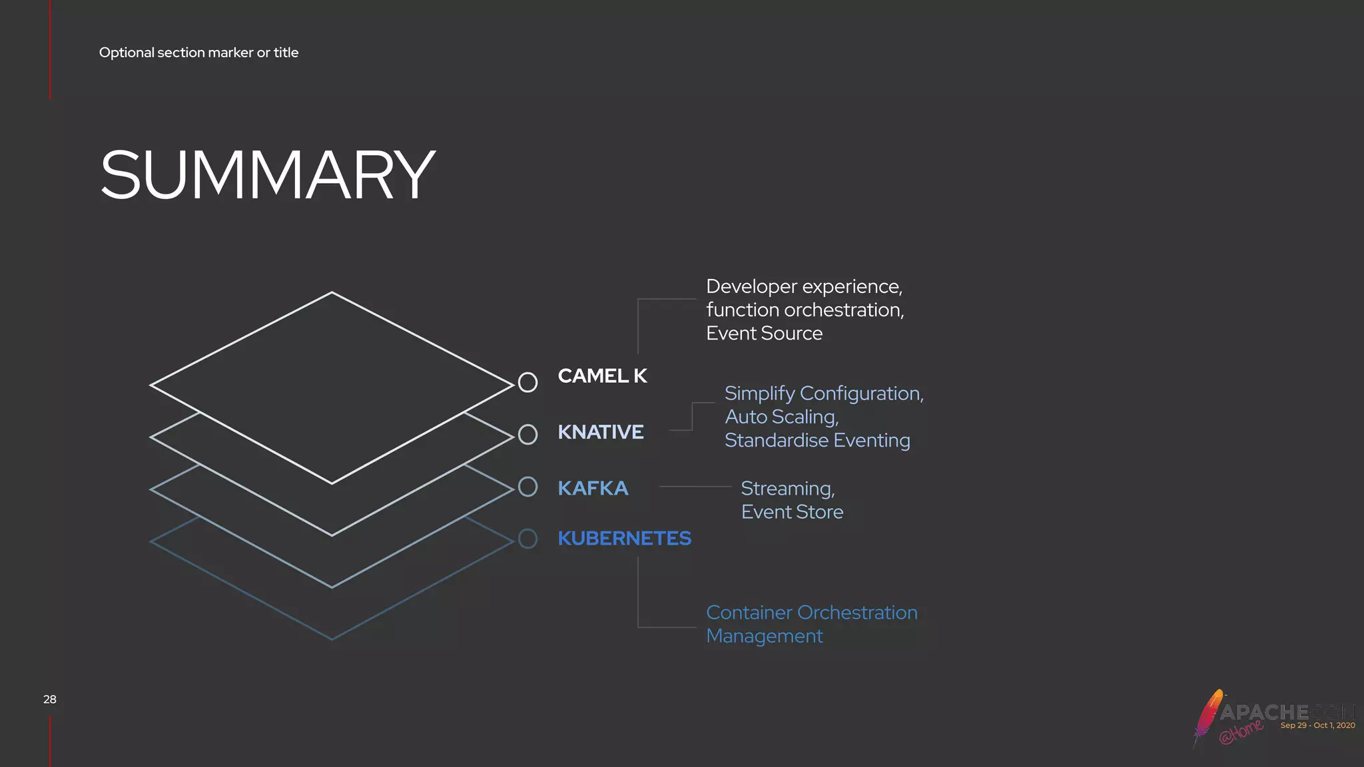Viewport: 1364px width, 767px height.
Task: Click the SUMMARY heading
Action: tap(267, 174)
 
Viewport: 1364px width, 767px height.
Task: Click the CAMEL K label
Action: tap(602, 376)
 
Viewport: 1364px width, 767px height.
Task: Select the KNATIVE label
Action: tap(600, 432)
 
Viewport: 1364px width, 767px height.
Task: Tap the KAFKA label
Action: tap(593, 488)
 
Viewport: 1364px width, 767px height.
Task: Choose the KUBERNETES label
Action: tap(624, 538)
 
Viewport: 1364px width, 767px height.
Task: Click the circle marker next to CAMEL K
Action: tap(527, 382)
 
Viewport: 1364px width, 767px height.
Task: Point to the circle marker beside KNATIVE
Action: tap(527, 435)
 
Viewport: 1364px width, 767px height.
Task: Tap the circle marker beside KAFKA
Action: tap(527, 487)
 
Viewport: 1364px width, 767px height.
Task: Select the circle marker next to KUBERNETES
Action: tap(527, 539)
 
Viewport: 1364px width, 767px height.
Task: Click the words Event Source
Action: tap(764, 333)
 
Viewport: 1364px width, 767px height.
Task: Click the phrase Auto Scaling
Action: tap(781, 417)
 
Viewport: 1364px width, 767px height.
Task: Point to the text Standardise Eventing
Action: tap(817, 440)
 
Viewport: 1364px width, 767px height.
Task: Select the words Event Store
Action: tap(792, 512)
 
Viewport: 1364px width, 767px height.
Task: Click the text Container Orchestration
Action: tap(811, 613)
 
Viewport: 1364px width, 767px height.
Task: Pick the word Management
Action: tap(764, 636)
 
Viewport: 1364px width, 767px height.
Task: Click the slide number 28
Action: tap(50, 699)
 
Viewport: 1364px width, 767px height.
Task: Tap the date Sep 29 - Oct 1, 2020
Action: tap(1317, 725)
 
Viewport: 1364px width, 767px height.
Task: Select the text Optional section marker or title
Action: tap(198, 53)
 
